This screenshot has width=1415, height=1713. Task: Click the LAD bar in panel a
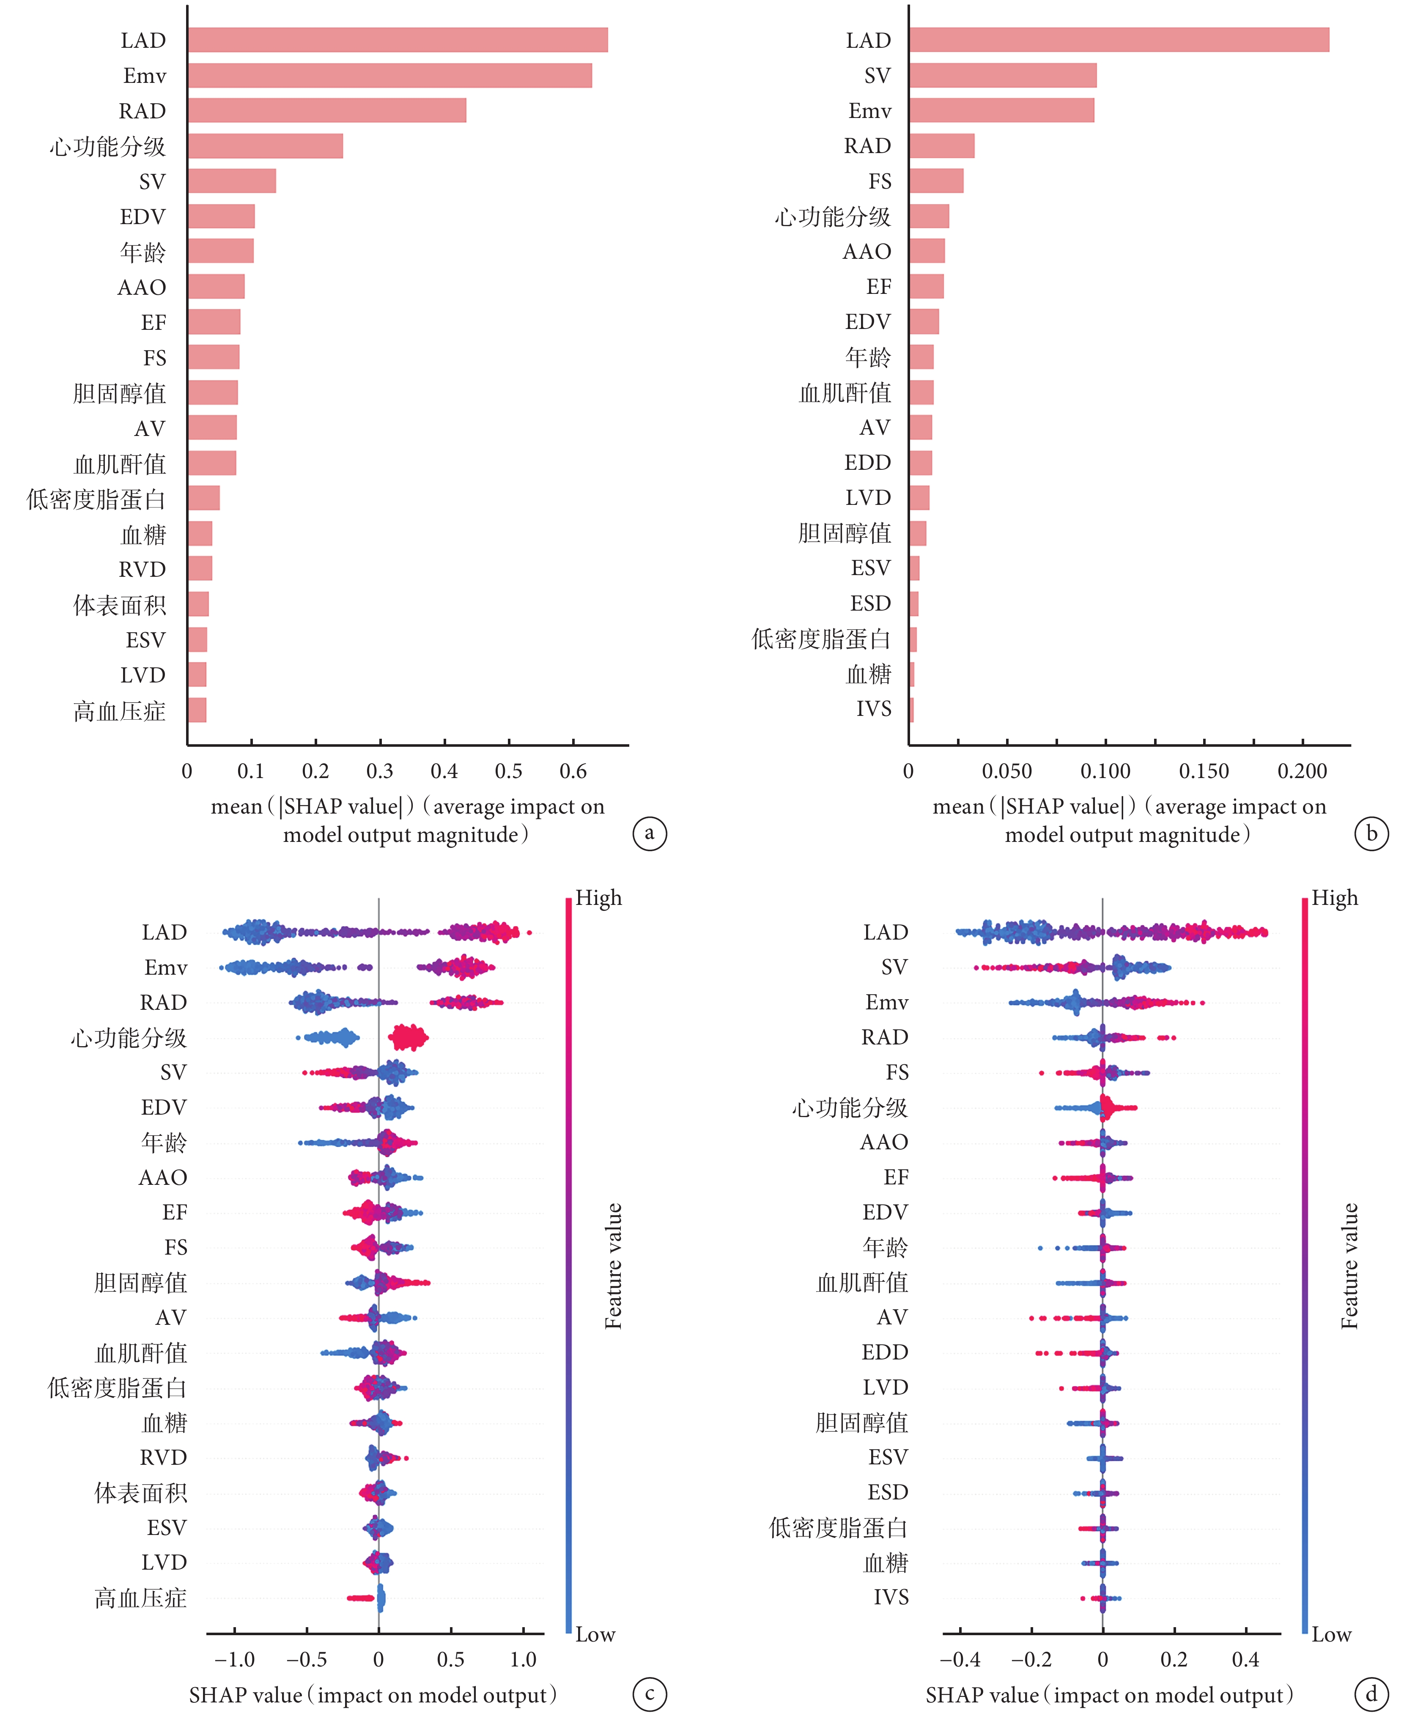click(x=398, y=40)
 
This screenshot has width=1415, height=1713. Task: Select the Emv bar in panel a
click(x=389, y=76)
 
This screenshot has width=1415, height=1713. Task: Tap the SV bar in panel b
click(x=1003, y=76)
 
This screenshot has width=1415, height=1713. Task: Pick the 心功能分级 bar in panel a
click(x=266, y=146)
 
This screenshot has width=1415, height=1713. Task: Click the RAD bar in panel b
click(x=941, y=146)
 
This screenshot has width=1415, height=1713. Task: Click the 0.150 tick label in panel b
click(x=1204, y=771)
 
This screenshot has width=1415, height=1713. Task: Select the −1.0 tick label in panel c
click(x=235, y=1659)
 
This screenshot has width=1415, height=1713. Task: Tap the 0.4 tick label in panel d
click(x=1245, y=1659)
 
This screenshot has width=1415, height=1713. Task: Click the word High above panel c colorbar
click(x=598, y=898)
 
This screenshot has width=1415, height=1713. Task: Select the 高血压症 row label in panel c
click(x=140, y=1598)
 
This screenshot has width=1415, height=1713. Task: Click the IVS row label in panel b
click(x=874, y=709)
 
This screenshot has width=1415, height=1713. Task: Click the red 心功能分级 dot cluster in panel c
click(x=408, y=1037)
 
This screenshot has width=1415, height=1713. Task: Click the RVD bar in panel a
click(x=200, y=569)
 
